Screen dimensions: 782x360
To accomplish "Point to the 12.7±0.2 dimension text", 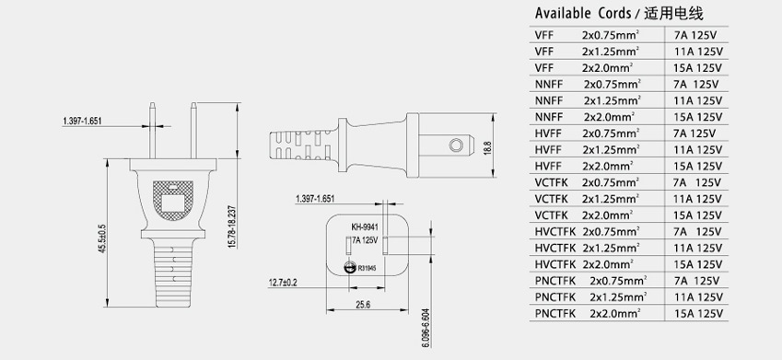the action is click(283, 283).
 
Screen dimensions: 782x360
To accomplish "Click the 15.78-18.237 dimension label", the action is click(231, 226).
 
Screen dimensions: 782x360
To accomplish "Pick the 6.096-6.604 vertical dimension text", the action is click(426, 328).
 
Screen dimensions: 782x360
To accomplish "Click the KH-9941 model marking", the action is click(365, 227).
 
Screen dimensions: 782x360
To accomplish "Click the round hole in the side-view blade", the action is click(455, 145).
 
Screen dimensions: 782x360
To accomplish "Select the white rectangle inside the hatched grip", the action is click(172, 202).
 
